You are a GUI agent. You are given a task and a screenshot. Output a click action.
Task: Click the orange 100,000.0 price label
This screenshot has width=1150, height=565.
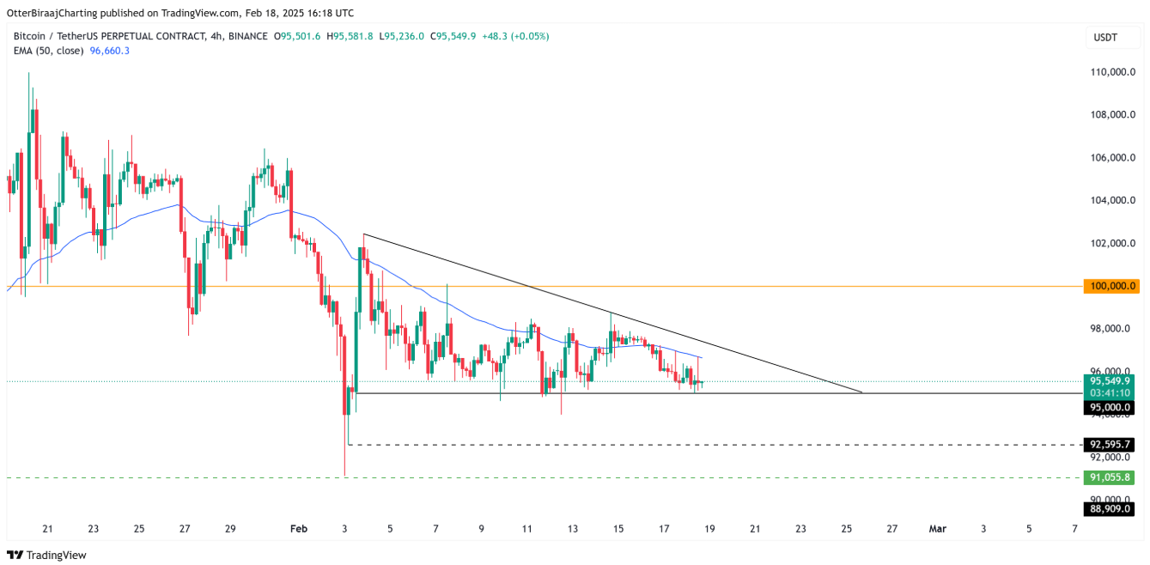[1111, 286]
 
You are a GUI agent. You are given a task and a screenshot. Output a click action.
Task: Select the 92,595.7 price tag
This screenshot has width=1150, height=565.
[1111, 445]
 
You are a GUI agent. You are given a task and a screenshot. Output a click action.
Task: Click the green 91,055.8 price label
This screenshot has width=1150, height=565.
[1111, 477]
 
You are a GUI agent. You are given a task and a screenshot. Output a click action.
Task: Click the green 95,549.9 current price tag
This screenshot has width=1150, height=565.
[1111, 380]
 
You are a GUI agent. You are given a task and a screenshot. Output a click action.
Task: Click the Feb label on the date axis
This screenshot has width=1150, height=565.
[298, 529]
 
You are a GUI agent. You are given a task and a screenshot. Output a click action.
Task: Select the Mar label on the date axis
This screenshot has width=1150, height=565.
[937, 529]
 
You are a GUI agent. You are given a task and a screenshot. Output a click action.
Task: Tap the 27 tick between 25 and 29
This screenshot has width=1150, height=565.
[185, 529]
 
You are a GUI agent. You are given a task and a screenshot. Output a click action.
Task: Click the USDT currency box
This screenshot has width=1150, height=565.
[1104, 37]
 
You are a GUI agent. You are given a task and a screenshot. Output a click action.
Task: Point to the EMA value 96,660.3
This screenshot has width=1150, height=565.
[109, 51]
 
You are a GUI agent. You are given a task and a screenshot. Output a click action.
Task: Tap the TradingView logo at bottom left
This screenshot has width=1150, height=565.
[47, 555]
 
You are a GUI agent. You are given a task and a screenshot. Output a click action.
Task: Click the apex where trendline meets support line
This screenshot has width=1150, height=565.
[861, 392]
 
